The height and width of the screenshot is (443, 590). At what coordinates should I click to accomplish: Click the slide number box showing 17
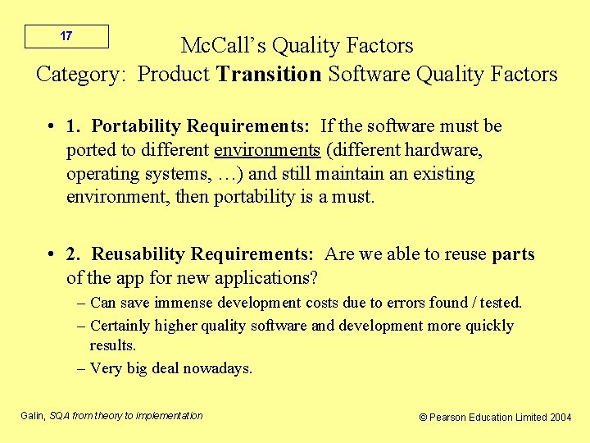click(x=66, y=36)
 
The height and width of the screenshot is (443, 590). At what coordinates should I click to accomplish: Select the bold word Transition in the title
click(x=269, y=75)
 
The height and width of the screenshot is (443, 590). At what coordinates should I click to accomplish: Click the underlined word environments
click(x=266, y=150)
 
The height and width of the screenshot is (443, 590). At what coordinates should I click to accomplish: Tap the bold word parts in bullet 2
click(x=513, y=255)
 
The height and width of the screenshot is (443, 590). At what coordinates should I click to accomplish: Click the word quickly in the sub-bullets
click(x=489, y=326)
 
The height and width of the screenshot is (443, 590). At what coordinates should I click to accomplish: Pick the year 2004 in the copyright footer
click(x=561, y=418)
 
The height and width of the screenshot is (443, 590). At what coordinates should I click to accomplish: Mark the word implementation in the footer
click(x=166, y=416)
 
